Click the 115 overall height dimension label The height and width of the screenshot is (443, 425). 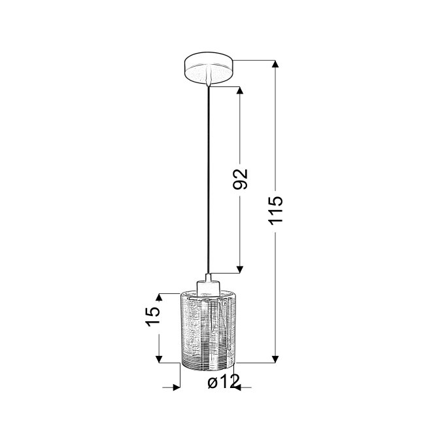[275, 210]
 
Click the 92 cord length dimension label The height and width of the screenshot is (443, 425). [240, 179]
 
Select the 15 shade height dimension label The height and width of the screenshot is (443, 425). [153, 316]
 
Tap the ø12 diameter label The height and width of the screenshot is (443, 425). [224, 381]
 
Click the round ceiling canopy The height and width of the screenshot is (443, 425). [209, 67]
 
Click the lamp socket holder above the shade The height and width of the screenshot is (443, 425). [208, 285]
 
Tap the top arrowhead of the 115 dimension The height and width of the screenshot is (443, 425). [275, 63]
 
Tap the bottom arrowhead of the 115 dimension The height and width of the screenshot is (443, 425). [275, 359]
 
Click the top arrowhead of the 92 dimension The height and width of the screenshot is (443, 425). [240, 90]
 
